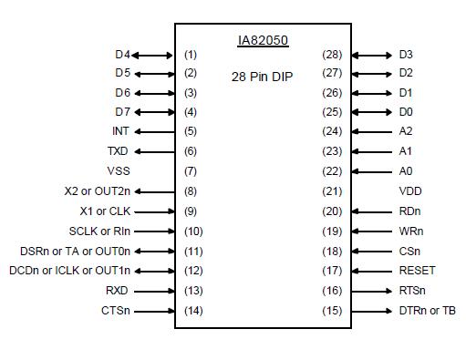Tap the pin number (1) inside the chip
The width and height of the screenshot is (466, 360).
tap(191, 55)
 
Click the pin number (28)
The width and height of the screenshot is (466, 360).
tap(332, 55)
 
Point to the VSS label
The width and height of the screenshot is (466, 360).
tap(119, 171)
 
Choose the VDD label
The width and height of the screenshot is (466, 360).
tap(410, 191)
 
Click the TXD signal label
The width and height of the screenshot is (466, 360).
tap(118, 151)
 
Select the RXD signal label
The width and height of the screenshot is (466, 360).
tap(118, 291)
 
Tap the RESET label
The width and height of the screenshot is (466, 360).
tap(417, 271)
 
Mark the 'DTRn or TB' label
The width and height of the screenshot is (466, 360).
tap(427, 311)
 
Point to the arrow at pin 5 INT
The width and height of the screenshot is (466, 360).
tap(154, 131)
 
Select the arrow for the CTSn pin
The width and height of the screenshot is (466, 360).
tap(154, 311)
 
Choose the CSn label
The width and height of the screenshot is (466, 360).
tap(409, 251)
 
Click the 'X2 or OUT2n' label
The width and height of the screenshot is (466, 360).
tap(97, 191)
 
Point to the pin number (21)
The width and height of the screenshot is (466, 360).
tap(332, 191)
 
